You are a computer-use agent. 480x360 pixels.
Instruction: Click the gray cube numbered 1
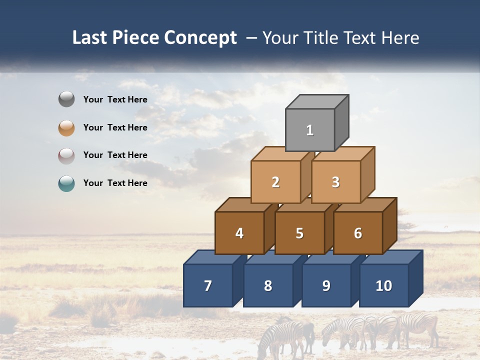click(x=310, y=130)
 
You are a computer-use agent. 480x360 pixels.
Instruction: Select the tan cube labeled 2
click(x=275, y=182)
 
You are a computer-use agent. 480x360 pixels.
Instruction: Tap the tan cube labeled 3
click(x=335, y=182)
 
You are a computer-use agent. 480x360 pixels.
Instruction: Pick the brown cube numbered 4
click(x=239, y=233)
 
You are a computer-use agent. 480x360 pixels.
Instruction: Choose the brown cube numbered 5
click(x=299, y=233)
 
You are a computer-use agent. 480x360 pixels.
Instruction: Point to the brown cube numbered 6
click(x=357, y=233)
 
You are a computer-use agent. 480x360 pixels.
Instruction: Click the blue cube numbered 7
click(x=208, y=285)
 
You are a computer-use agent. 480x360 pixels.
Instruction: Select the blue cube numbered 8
click(x=268, y=285)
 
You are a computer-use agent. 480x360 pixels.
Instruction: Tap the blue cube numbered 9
click(x=326, y=285)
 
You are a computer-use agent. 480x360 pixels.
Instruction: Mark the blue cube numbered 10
click(x=383, y=285)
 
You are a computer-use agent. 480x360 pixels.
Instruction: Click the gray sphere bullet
click(x=66, y=99)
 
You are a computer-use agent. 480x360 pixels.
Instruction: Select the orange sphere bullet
click(x=66, y=127)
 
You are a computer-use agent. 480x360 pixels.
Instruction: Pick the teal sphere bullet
click(x=66, y=183)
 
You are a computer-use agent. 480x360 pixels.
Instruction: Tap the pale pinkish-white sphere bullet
click(x=66, y=155)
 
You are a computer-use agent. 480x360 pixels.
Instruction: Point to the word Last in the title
click(x=90, y=38)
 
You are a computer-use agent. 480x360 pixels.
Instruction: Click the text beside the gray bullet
click(x=115, y=99)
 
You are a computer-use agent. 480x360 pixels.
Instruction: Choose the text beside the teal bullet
click(x=115, y=183)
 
